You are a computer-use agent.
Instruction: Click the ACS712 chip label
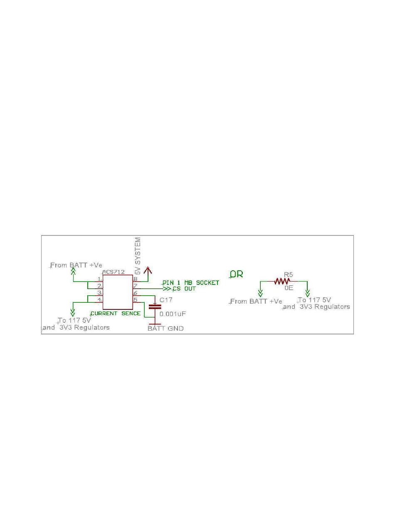[x=113, y=272]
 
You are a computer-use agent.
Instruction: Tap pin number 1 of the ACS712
[x=99, y=279]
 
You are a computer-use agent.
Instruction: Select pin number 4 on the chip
[x=99, y=300]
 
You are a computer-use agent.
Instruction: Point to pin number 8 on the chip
[x=136, y=279]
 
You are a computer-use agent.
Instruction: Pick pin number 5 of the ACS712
[x=136, y=300]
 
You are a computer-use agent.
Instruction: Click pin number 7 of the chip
[x=136, y=286]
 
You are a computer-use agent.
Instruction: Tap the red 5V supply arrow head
[x=147, y=270]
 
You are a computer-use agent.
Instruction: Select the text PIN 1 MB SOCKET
[x=190, y=283]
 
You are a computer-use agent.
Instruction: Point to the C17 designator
[x=166, y=299]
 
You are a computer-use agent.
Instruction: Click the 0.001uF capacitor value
[x=173, y=314]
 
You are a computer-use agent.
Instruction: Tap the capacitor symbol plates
[x=155, y=306]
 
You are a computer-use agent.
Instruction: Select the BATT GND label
[x=165, y=329]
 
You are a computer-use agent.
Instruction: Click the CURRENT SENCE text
[x=116, y=313]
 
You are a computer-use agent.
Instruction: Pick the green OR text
[x=237, y=274]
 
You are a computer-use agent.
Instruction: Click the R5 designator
[x=289, y=274]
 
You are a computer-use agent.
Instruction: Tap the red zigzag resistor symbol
[x=284, y=282]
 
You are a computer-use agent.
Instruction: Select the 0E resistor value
[x=289, y=288]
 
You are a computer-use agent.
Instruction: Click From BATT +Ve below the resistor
[x=256, y=301]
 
